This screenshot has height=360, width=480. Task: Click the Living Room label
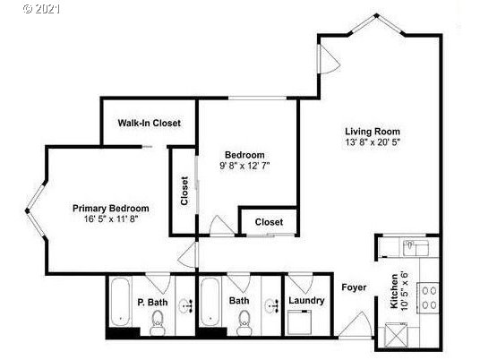tap(373, 132)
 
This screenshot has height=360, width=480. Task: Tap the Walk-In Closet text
tap(149, 123)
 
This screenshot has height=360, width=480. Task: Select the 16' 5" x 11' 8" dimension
tap(111, 219)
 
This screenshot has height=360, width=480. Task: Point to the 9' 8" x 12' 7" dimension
tap(244, 166)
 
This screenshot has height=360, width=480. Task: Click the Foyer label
tap(354, 287)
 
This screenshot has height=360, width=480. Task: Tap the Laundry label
tap(306, 301)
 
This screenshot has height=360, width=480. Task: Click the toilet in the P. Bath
tap(158, 322)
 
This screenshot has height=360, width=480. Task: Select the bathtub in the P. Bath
tap(121, 302)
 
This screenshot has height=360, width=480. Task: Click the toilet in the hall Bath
tap(244, 322)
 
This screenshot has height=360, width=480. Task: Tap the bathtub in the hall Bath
tap(210, 302)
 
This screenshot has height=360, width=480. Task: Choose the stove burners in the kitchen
tap(429, 298)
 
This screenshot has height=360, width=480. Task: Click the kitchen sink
tap(416, 248)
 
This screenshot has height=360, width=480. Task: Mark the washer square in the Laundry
tap(300, 322)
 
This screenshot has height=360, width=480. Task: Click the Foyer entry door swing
tap(356, 324)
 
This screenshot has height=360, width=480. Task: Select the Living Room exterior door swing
tap(330, 59)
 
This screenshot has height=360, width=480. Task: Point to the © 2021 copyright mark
tap(41, 9)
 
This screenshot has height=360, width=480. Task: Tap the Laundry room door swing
tap(301, 284)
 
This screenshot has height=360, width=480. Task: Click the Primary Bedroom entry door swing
tap(187, 255)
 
